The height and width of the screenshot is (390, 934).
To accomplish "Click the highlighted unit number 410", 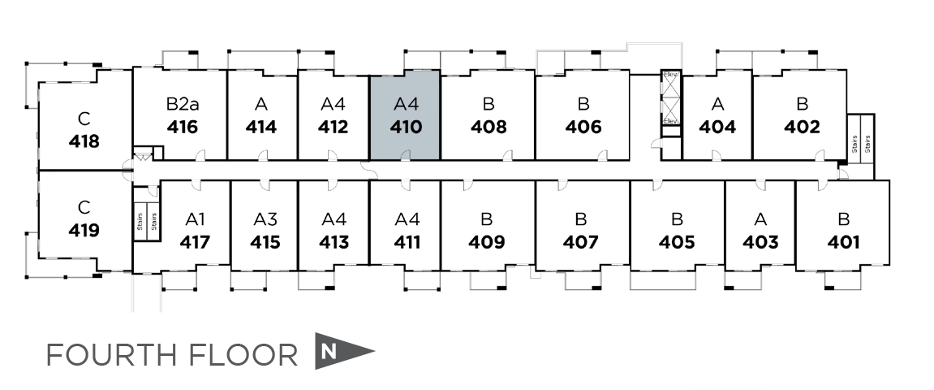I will (x=405, y=128).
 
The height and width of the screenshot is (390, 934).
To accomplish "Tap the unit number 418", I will (x=84, y=141).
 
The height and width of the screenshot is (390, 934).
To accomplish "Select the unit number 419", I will (x=84, y=231).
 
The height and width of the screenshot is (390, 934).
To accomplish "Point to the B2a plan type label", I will (x=182, y=104).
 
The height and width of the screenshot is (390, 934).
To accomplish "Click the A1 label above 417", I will (x=195, y=219).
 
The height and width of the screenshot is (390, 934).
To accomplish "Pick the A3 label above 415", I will (x=265, y=219).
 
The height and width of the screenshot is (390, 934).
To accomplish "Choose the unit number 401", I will (x=843, y=242).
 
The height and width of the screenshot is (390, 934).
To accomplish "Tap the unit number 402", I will (x=802, y=128).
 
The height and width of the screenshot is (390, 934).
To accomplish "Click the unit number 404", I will (x=717, y=128).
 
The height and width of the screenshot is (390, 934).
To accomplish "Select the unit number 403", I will (x=760, y=242).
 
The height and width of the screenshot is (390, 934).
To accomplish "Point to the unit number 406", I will (x=583, y=128).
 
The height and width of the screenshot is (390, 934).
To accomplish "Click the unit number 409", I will (x=487, y=242).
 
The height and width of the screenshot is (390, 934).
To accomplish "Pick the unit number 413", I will (x=334, y=242).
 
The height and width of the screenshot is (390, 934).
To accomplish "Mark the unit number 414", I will (x=260, y=128).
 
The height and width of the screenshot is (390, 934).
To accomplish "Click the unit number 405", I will (x=677, y=242).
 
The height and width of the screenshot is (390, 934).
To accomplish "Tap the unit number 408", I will (x=489, y=128).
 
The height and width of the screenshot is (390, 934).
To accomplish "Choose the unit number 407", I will (x=581, y=242).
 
